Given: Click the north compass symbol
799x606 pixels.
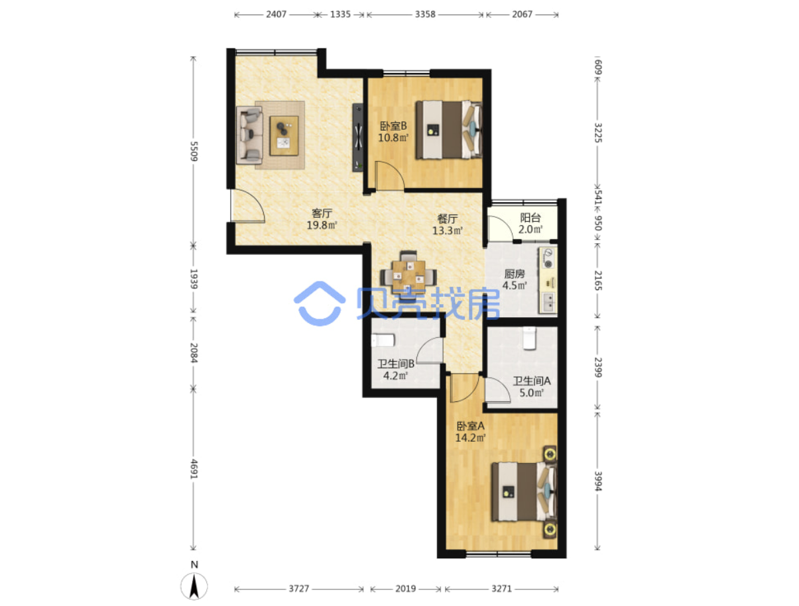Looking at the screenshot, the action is click(194, 586).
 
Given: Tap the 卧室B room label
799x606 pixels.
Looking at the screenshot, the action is click(393, 126).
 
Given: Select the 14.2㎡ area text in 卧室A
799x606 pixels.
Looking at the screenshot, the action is click(470, 438).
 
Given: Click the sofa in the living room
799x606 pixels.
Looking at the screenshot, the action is click(249, 135).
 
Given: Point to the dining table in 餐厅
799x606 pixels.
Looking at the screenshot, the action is click(408, 277).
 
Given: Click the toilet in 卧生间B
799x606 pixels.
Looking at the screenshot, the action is click(383, 340).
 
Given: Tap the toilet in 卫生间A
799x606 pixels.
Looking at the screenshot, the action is click(529, 338).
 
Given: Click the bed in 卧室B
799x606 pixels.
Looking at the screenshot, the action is click(449, 130).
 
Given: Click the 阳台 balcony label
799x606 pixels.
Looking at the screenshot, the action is click(530, 217).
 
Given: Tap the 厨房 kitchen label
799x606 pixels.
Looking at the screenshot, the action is click(514, 274).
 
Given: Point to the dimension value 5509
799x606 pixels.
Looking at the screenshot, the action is click(194, 151).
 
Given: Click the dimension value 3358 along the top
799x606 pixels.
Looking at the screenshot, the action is click(425, 14).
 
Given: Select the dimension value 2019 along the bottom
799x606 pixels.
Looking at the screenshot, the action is click(405, 588).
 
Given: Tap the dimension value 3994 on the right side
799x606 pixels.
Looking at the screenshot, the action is click(598, 481).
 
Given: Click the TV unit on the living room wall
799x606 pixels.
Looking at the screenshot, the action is click(357, 137).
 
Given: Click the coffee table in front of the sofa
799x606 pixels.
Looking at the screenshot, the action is click(284, 136).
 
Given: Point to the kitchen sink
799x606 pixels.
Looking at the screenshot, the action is click(548, 303).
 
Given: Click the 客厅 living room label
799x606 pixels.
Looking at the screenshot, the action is click(322, 213).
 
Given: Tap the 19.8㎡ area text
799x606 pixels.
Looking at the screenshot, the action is click(322, 225).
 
